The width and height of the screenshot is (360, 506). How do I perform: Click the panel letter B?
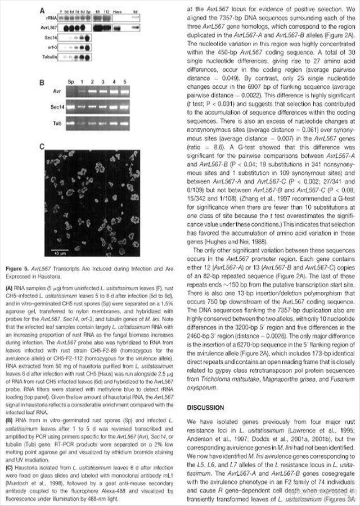42,83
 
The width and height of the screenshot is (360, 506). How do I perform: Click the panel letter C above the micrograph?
42,145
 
